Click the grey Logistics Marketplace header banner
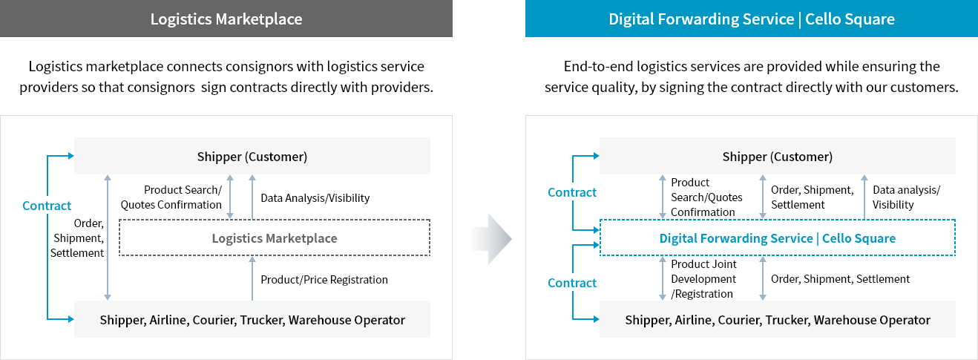226,19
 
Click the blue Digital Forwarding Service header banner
751,19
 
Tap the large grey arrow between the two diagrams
492,238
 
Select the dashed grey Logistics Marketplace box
275,238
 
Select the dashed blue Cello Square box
777,238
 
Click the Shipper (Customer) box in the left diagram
252,157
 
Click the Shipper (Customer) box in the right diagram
777,157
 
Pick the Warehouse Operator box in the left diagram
252,320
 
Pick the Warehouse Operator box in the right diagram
777,320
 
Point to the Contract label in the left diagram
47,206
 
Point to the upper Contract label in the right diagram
572,192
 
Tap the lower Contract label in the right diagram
572,283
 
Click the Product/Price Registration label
324,280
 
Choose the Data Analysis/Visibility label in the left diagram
315,198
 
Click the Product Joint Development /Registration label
703,279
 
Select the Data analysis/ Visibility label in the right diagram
906,197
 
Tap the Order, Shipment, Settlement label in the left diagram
77,238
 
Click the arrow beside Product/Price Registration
252,278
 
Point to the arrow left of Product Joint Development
663,278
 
